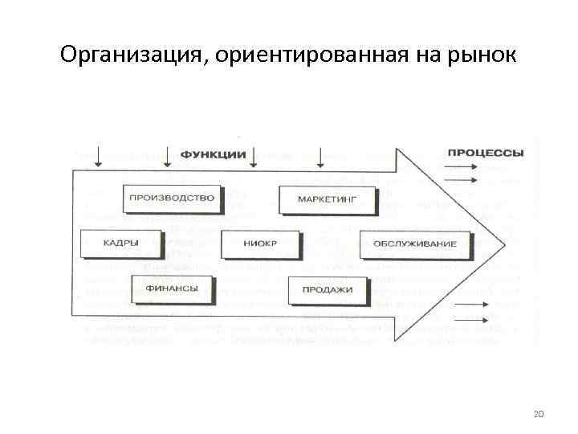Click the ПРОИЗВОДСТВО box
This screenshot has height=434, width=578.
click(171, 198)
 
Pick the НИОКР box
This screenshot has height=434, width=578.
click(259, 243)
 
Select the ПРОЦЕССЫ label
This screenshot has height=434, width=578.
click(486, 153)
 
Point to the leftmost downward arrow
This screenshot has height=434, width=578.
click(97, 157)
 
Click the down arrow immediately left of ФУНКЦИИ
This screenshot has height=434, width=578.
click(166, 157)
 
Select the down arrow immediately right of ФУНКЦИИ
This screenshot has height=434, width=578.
click(254, 157)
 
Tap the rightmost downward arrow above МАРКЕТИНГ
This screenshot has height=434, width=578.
click(320, 157)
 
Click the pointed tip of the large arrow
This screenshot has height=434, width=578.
click(503, 244)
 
